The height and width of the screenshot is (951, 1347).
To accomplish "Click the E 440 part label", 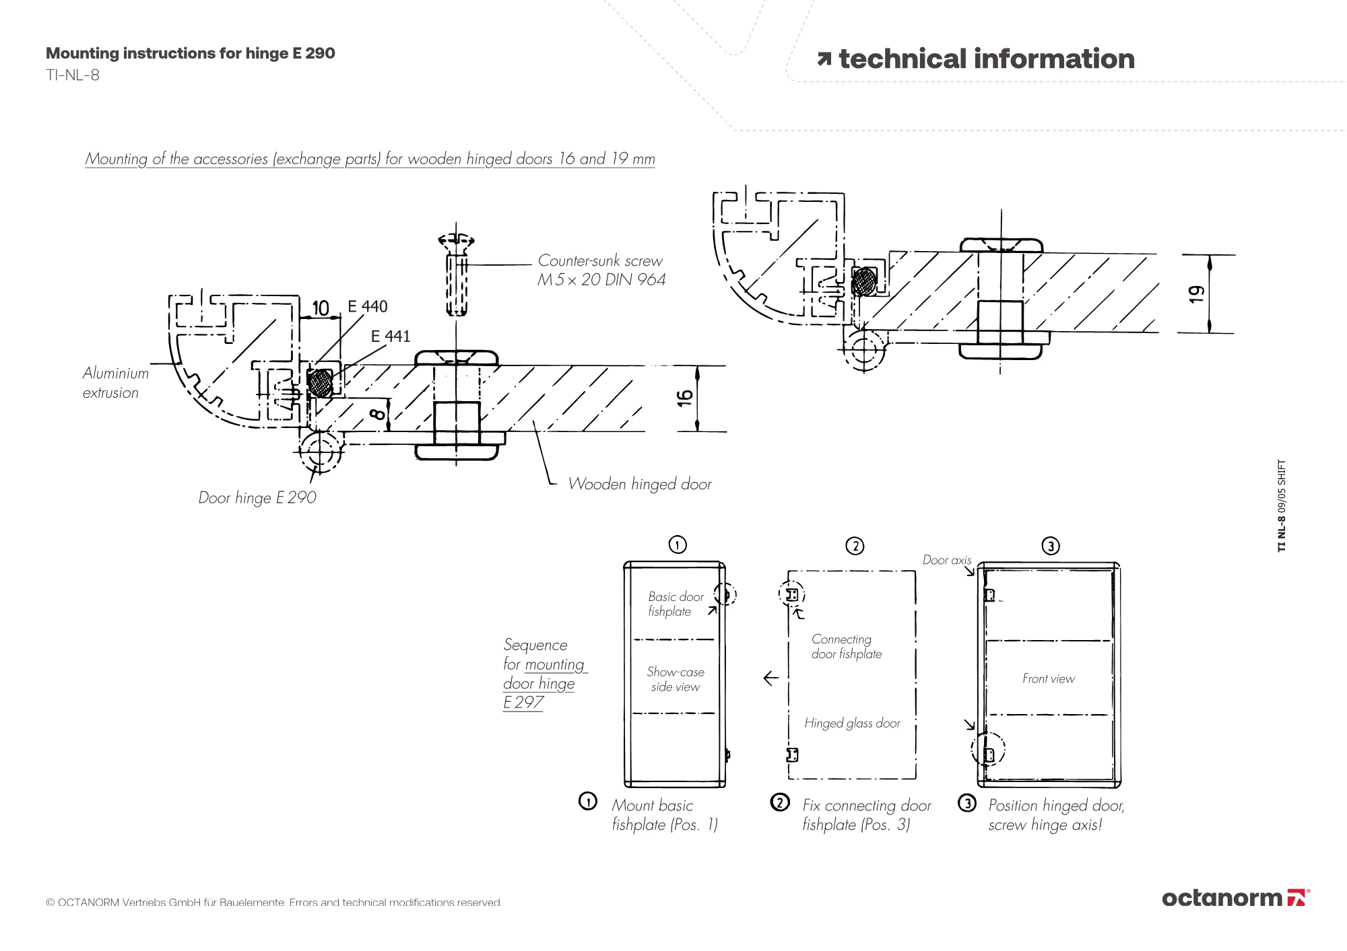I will coord(367,306).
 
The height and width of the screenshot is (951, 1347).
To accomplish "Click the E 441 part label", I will coord(390,336).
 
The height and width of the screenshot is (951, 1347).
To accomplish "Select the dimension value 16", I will coord(685,398).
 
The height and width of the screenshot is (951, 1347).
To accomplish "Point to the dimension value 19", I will coord(1196,294).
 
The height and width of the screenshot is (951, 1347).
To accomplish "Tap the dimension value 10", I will coord(321,308).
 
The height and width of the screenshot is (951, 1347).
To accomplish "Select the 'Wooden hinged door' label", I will coord(639,484).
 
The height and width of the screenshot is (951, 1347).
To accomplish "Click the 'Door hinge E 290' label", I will coord(257,497).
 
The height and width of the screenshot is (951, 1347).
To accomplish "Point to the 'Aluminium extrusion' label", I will coord(115,382).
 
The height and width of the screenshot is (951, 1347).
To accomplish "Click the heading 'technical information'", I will coord(986,59).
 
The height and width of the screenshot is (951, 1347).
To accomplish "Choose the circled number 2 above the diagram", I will coord(855,545).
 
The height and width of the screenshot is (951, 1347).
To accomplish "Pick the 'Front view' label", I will coord(1049,678).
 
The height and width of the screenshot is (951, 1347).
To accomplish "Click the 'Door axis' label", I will coord(947,560).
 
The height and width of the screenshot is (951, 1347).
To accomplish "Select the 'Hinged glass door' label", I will coord(852,723).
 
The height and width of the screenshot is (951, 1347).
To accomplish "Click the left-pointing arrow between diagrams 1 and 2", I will coord(771,678).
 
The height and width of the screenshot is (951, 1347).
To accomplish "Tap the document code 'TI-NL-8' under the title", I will coord(73,75).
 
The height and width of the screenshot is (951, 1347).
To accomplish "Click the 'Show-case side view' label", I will coord(676,679).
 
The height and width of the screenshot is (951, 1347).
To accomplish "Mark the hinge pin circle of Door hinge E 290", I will coord(321,452).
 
